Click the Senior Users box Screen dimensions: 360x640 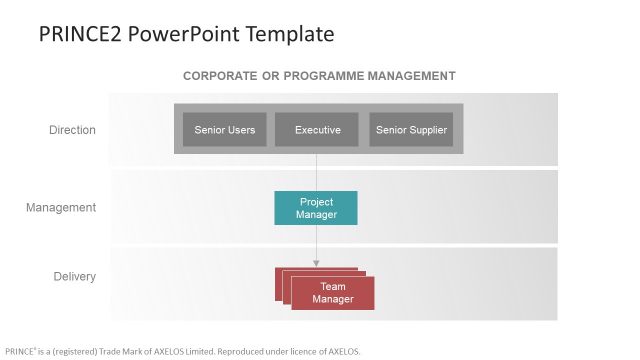pyautogui.click(x=224, y=130)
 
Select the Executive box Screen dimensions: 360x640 pyautogui.click(x=317, y=130)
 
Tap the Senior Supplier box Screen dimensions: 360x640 pyautogui.click(x=411, y=130)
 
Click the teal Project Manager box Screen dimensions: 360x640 pyautogui.click(x=316, y=208)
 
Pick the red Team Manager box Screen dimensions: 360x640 pyautogui.click(x=332, y=293)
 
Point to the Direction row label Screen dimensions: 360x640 pyautogui.click(x=73, y=130)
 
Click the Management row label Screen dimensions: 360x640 pyautogui.click(x=61, y=208)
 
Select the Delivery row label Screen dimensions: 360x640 pyautogui.click(x=74, y=276)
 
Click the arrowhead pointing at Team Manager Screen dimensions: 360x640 pyautogui.click(x=317, y=263)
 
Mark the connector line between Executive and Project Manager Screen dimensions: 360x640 pyautogui.click(x=317, y=172)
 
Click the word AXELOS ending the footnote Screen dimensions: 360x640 pyautogui.click(x=343, y=351)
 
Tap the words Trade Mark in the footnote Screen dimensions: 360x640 pyautogui.click(x=133, y=351)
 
